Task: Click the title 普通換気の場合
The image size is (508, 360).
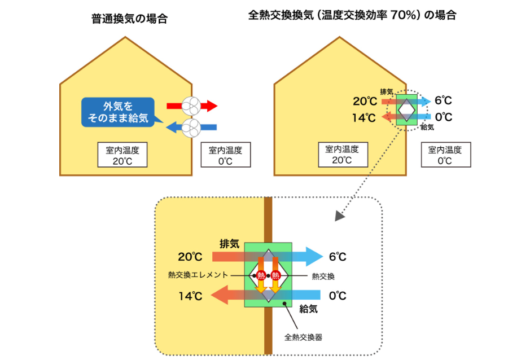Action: click(x=129, y=19)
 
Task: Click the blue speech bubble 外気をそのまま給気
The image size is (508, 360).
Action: click(x=119, y=112)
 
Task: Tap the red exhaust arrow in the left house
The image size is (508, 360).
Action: click(x=192, y=106)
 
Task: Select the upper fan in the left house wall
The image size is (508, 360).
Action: click(x=191, y=106)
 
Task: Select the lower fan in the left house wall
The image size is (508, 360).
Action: click(x=191, y=128)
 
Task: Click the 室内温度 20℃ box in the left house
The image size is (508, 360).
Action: click(x=122, y=155)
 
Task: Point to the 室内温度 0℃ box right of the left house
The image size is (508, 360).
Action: click(x=225, y=155)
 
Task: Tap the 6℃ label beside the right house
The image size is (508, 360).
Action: click(x=443, y=100)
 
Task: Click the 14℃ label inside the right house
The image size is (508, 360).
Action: click(x=364, y=118)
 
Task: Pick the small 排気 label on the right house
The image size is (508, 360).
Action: click(x=387, y=92)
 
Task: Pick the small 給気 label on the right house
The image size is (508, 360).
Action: click(x=427, y=127)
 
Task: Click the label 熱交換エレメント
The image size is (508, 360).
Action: click(x=198, y=275)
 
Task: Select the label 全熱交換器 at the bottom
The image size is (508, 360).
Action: click(x=303, y=337)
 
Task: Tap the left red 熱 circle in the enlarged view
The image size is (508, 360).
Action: click(x=261, y=275)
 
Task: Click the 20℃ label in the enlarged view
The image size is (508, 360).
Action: click(x=190, y=257)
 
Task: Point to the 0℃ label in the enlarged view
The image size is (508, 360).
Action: click(x=338, y=296)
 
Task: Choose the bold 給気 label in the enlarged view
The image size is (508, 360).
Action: click(x=308, y=309)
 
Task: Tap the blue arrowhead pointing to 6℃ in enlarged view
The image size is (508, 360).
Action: click(x=314, y=257)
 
